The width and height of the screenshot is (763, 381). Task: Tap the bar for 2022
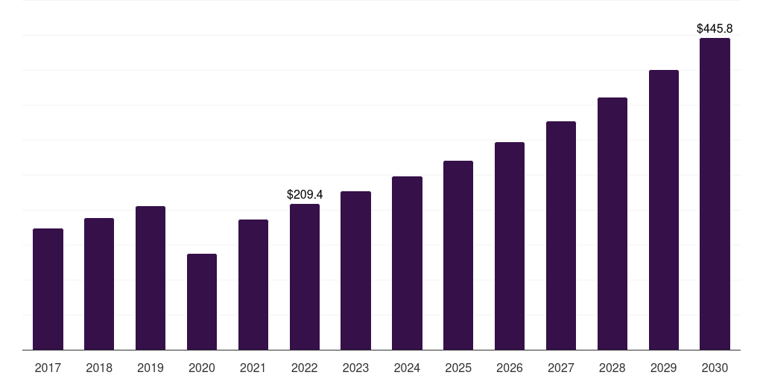point(305,277)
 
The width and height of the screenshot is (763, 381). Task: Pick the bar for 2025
point(458,255)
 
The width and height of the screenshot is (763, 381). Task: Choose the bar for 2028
point(612,223)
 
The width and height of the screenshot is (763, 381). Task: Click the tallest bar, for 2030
point(715,193)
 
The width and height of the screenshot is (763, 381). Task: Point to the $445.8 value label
point(715,29)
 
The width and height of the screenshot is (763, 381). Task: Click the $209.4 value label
point(305,194)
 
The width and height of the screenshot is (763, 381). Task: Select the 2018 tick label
point(99,368)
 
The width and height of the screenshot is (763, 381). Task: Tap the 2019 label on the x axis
point(151,368)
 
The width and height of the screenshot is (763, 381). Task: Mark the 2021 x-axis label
point(253,368)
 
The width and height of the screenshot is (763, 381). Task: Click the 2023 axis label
point(355,368)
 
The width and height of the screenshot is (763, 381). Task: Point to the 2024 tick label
point(407,368)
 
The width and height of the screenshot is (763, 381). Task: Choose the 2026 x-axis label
point(510,368)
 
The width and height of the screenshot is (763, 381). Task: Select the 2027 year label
point(561,368)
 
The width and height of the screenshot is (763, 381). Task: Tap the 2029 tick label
point(664,368)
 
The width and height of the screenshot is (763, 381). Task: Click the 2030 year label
point(715,368)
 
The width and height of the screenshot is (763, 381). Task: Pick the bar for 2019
point(151,278)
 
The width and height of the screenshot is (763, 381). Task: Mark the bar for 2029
point(664,210)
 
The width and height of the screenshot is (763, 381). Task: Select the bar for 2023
point(355,270)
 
